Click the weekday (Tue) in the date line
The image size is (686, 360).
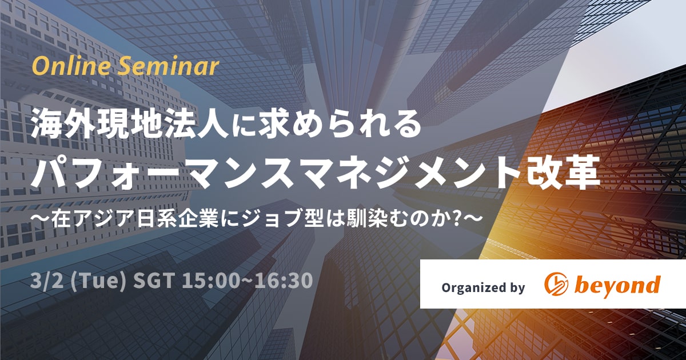(x=98, y=281)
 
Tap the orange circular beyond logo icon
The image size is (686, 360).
(x=556, y=284)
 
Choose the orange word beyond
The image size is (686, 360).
(x=617, y=285)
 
